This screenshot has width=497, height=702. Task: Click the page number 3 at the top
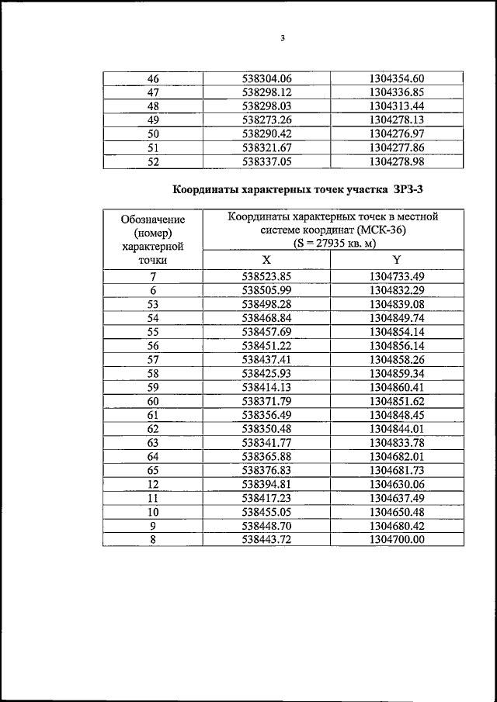point(283,39)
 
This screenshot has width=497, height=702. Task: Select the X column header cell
point(266,260)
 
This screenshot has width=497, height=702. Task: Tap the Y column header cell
point(396,260)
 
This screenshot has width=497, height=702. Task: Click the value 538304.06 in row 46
point(266,78)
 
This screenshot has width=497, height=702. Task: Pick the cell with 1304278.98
point(397,162)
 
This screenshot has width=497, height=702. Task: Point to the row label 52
point(153,162)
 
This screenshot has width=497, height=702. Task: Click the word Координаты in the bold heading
point(206,188)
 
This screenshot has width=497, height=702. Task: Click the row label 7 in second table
point(153,276)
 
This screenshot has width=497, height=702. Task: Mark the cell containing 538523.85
point(266,276)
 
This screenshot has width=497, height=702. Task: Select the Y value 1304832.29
point(397,290)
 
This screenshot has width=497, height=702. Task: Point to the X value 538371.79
point(266,400)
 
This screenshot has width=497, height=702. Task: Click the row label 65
point(153,470)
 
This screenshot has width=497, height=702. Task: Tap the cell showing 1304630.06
point(397,484)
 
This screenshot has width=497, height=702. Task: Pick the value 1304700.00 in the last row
point(397,540)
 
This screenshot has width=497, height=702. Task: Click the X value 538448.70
point(266,526)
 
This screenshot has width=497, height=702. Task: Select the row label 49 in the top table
point(153,120)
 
